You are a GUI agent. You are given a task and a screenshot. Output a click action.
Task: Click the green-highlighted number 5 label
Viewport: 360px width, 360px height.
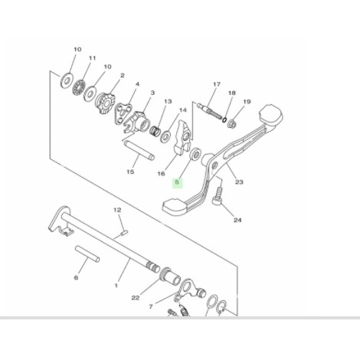coord(177,182)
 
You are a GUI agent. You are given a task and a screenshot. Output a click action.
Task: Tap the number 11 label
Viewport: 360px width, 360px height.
coord(92,58)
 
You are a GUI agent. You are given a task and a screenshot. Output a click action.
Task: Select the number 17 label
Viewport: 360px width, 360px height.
coord(216,84)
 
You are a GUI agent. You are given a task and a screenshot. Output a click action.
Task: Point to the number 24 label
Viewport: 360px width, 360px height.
coord(237,220)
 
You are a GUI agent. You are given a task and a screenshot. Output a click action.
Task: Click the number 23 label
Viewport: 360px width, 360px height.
coord(239,182)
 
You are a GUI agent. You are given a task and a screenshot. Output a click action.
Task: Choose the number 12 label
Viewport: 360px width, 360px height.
coord(118,209)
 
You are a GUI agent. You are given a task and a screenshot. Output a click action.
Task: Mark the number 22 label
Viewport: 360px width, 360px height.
coord(136,298)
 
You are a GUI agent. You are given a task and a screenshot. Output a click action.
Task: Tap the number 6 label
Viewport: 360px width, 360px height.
coord(76,278)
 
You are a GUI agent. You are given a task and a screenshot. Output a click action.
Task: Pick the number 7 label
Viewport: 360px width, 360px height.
coord(152,306)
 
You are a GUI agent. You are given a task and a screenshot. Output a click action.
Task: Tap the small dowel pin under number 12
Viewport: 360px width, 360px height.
coord(121,226)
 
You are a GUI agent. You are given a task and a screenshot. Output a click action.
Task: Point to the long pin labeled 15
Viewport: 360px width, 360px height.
coord(139,147)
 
